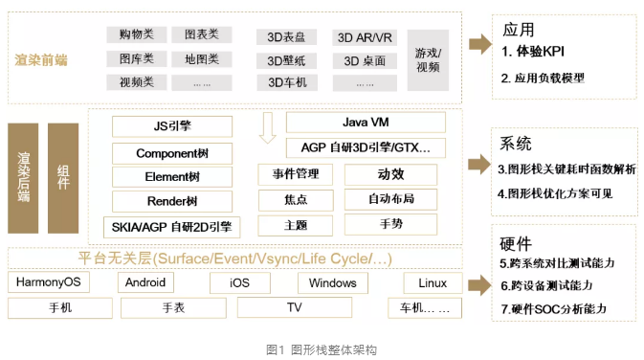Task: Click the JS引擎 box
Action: [171, 126]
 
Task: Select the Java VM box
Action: [365, 123]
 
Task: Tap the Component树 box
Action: [171, 152]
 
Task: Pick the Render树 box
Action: [171, 201]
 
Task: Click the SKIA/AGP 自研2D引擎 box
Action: [171, 226]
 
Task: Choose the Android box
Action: [144, 282]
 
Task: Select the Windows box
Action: [332, 282]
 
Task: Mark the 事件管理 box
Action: [295, 174]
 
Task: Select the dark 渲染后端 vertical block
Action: [23, 176]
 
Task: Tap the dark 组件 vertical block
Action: [63, 176]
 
